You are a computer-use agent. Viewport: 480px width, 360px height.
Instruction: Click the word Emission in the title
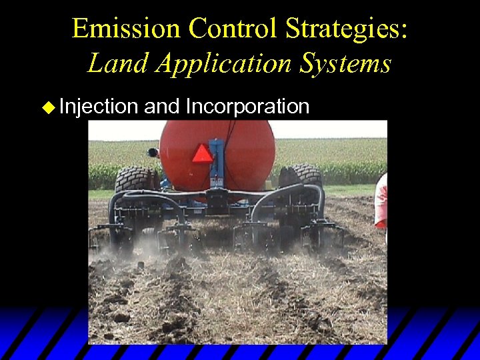pyautogui.click(x=125, y=29)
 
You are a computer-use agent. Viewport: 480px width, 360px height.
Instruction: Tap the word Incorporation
pyautogui.click(x=248, y=107)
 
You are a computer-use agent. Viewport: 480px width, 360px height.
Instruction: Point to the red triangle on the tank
pyautogui.click(x=203, y=153)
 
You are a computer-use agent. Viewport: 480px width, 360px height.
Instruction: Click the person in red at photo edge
pyautogui.click(x=381, y=200)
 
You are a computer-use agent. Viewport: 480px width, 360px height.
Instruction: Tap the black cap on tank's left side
pyautogui.click(x=153, y=152)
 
